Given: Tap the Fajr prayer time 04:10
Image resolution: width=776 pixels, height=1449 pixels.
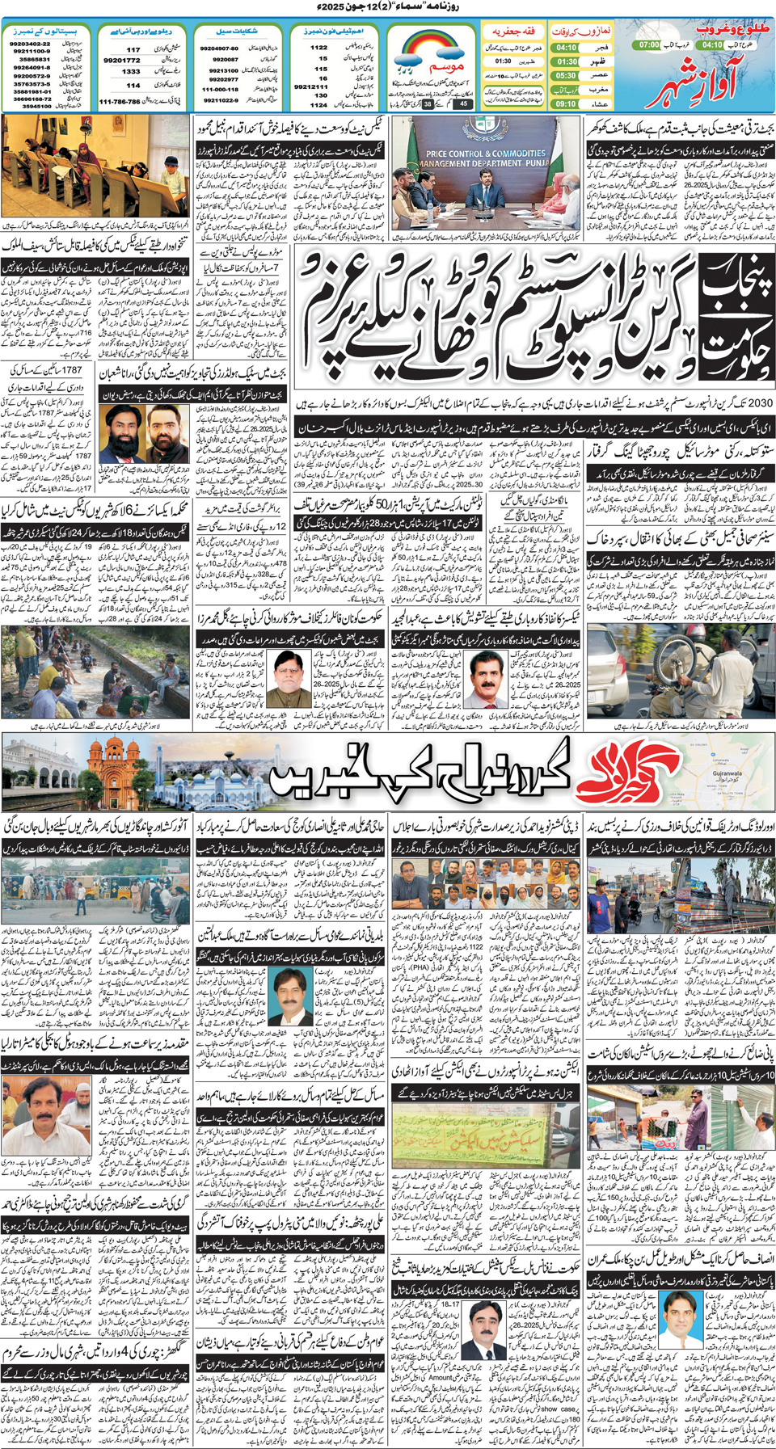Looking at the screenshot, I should [x=566, y=48].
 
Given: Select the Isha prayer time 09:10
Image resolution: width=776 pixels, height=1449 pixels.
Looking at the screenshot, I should [x=566, y=103].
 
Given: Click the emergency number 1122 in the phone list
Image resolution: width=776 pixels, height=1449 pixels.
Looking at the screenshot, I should [x=319, y=48].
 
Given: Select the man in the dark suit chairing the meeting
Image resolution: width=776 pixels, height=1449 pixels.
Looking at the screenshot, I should [x=485, y=186].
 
